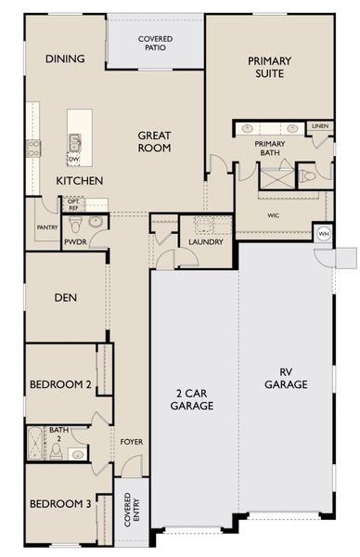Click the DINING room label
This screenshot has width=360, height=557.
(65, 59)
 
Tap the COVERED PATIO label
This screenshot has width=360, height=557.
(155, 42)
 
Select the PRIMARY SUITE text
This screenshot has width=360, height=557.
(269, 68)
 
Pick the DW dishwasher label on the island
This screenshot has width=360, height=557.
(72, 159)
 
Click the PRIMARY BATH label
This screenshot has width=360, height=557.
(270, 149)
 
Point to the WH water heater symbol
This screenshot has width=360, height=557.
(324, 234)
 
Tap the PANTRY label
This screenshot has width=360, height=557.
(48, 227)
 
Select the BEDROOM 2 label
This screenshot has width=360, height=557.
(60, 384)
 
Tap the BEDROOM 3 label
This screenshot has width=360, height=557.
(60, 504)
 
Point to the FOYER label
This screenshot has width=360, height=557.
(131, 441)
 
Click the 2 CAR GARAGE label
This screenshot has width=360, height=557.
(194, 399)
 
